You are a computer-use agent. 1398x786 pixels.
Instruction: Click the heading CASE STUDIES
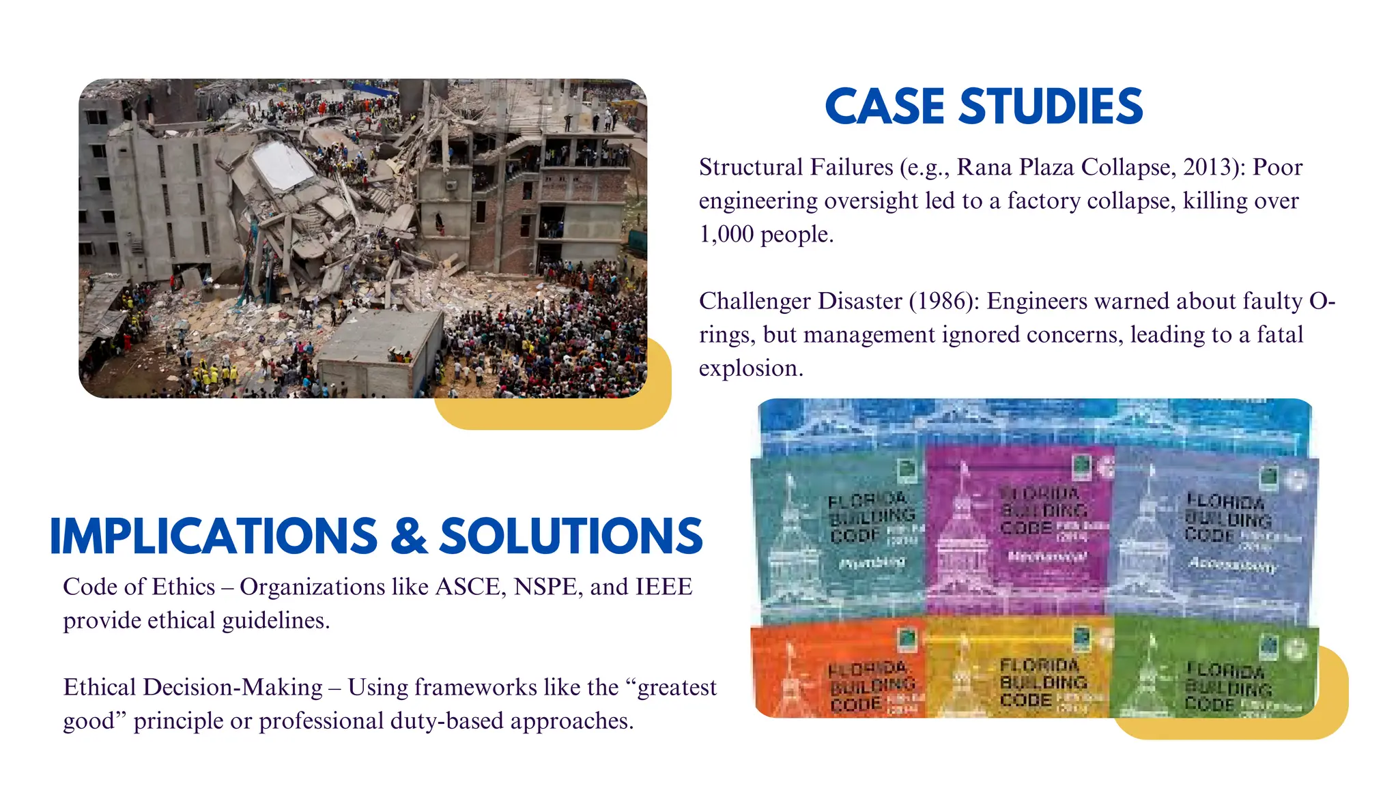tap(984, 106)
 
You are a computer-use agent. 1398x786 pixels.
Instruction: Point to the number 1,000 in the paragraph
tap(726, 234)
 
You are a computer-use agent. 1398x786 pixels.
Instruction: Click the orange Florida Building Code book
tap(838, 672)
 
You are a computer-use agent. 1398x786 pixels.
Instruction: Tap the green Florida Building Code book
tap(1215, 672)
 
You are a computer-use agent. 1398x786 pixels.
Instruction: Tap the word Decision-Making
tap(232, 687)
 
